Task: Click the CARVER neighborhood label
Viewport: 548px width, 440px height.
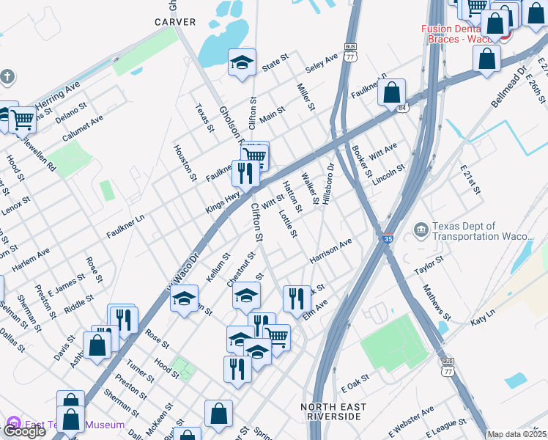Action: [x=175, y=22]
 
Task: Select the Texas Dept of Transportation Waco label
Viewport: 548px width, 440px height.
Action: [x=485, y=231]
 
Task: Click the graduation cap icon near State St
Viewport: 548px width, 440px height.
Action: [x=241, y=62]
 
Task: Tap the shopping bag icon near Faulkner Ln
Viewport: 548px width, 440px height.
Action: [x=393, y=92]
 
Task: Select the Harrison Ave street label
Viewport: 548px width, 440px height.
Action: [x=330, y=250]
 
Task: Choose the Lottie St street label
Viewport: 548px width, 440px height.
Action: [x=288, y=224]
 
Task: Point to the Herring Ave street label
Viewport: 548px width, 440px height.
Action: [x=56, y=98]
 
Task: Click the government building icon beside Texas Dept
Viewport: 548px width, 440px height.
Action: [x=421, y=231]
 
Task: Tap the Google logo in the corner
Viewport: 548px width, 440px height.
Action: [x=24, y=431]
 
